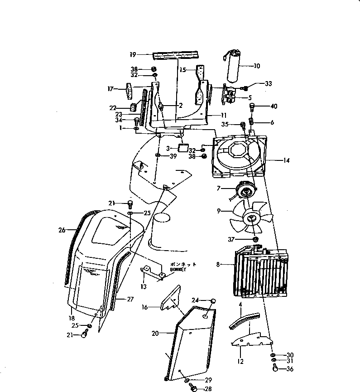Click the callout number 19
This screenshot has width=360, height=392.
click(133, 54)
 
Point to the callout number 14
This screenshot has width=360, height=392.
click(286, 160)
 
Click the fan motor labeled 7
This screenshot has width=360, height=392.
click(245, 191)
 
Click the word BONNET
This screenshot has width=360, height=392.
click(165, 269)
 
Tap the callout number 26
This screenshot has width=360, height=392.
click(62, 230)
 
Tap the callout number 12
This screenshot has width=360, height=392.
click(240, 362)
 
